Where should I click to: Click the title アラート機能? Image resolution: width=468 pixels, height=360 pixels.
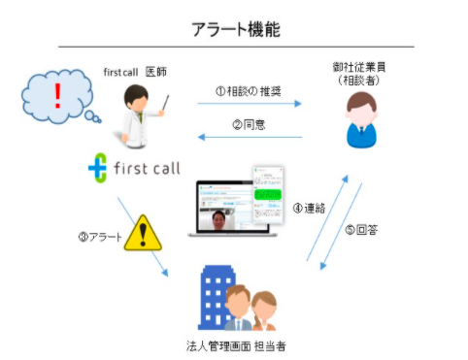(235, 30)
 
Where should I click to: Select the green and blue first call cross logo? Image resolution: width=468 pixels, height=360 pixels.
(98, 168)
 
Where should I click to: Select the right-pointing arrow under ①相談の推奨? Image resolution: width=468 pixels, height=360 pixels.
(250, 104)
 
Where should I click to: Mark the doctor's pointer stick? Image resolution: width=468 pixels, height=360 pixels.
(160, 102)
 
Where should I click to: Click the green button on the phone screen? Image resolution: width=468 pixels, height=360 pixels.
(264, 194)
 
